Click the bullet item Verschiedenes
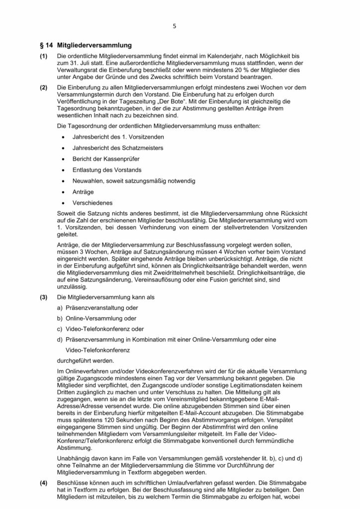click(x=92, y=203)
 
